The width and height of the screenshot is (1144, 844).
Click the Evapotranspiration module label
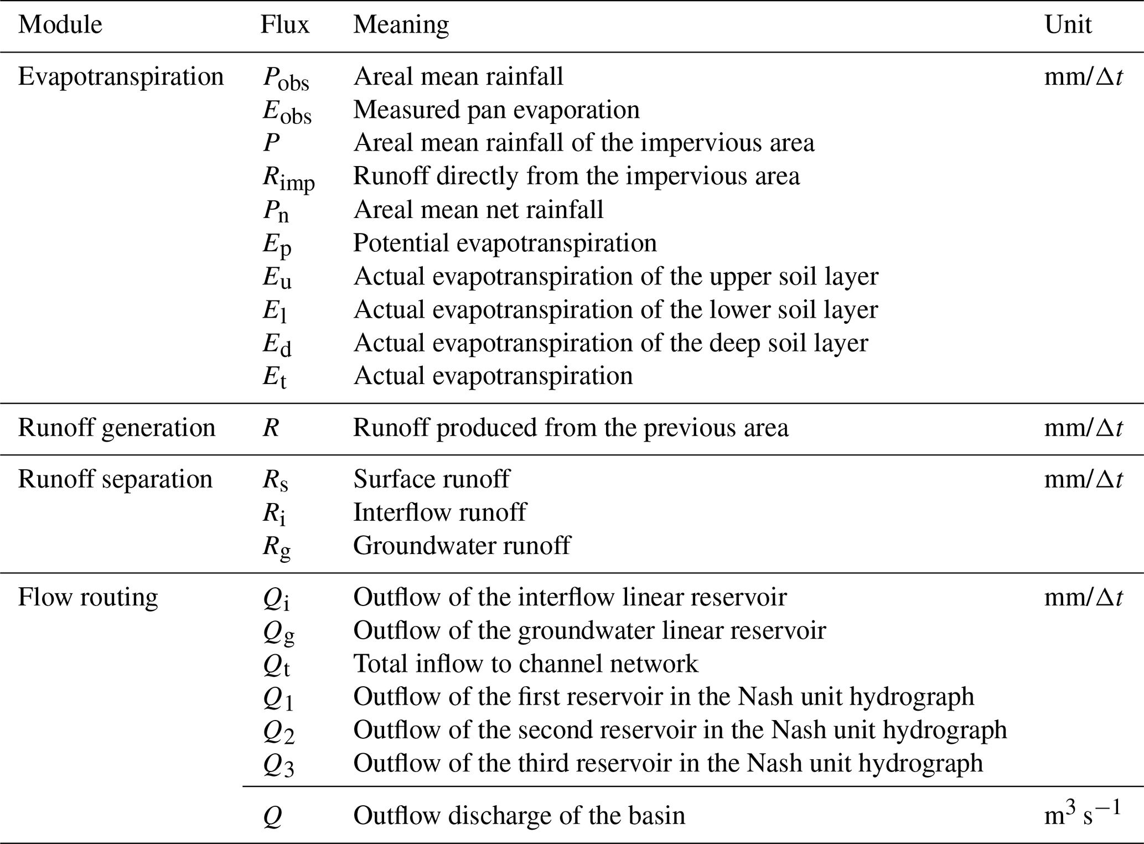pos(121,77)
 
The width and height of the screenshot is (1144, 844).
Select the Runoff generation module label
pos(116,428)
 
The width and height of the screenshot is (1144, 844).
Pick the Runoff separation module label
pos(115,479)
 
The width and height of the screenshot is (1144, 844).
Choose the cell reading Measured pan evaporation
pos(496,110)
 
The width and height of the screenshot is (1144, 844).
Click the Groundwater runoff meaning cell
pos(462,546)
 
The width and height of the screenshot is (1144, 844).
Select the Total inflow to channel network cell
pos(525,664)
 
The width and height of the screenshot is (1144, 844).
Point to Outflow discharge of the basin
pos(519,815)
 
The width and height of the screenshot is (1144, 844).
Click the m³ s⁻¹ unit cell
pos(1082,814)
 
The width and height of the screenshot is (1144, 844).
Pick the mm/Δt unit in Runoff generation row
pos(1083,428)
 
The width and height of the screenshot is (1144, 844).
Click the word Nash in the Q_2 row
pos(794,730)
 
